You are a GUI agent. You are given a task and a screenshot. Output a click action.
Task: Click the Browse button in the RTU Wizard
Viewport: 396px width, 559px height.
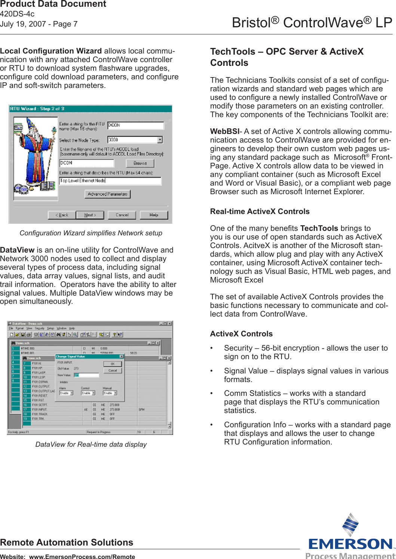click(x=140, y=163)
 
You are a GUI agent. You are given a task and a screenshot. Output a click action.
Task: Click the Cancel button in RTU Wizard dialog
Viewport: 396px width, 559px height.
click(x=122, y=215)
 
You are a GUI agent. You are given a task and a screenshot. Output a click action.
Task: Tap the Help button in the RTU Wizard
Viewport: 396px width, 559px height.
click(x=154, y=215)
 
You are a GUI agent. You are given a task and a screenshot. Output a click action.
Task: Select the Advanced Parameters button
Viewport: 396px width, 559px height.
click(x=108, y=194)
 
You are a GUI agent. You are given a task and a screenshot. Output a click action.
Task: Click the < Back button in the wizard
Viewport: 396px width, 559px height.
click(x=62, y=215)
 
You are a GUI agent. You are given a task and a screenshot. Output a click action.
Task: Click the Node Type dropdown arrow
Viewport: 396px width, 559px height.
click(x=160, y=140)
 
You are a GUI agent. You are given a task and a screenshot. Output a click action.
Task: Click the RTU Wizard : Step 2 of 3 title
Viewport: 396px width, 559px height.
click(x=37, y=109)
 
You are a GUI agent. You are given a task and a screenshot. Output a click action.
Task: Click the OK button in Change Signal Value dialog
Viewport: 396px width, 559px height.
click(x=113, y=364)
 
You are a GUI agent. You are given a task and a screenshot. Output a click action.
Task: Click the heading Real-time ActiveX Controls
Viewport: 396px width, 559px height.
click(x=260, y=211)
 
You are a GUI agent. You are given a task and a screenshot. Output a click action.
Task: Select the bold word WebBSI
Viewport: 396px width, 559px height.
click(x=224, y=131)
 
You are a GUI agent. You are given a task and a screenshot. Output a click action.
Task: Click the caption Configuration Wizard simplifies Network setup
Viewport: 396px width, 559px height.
click(x=91, y=233)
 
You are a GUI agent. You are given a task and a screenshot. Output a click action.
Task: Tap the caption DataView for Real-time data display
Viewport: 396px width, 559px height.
click(x=91, y=445)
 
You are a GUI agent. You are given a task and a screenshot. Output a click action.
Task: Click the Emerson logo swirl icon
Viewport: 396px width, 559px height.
click(x=351, y=525)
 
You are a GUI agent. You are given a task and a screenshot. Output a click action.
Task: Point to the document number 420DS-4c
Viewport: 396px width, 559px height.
click(x=17, y=14)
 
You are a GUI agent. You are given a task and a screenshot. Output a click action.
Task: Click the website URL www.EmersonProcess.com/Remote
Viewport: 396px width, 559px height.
click(x=82, y=556)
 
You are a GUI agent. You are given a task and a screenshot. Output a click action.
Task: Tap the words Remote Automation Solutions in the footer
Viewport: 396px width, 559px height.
click(x=67, y=543)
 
